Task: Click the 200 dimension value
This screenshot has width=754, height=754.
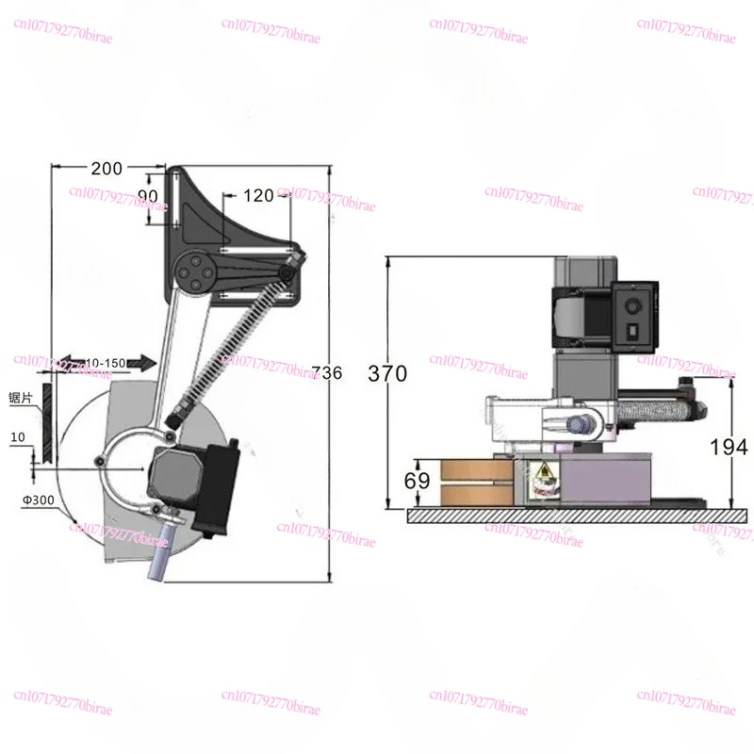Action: [107, 169]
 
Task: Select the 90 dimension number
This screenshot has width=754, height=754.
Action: [148, 195]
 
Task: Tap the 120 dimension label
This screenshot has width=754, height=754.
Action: [256, 195]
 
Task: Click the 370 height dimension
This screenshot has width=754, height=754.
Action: [388, 373]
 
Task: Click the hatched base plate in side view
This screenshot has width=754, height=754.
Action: [565, 515]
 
